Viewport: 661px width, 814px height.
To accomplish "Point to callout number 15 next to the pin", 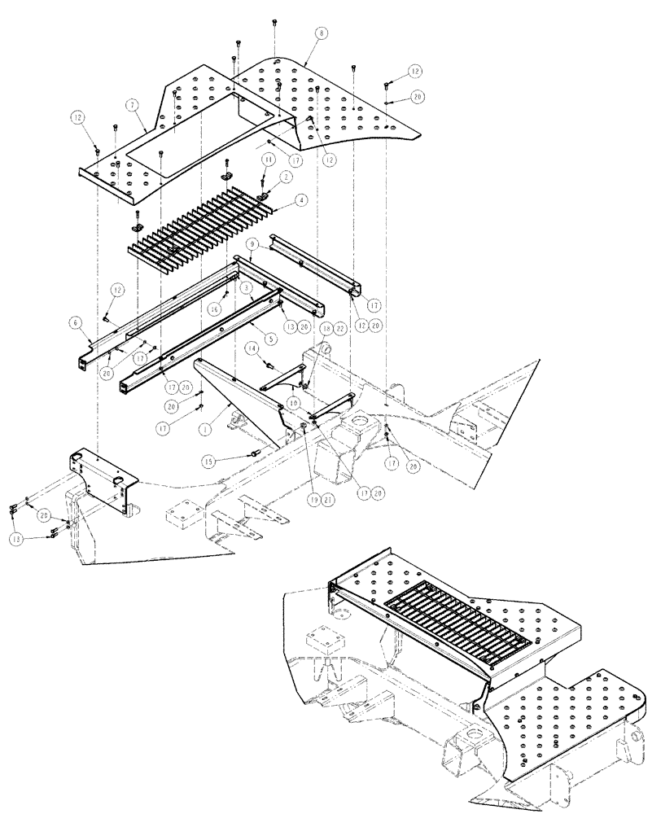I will click(211, 462).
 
